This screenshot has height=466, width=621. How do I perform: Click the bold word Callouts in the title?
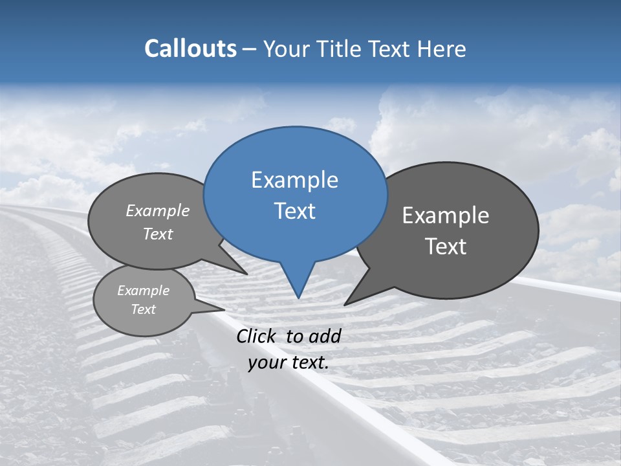click(191, 49)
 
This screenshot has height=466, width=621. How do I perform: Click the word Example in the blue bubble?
click(294, 180)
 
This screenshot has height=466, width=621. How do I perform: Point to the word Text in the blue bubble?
click(294, 211)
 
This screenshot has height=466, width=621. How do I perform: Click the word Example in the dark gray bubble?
click(446, 216)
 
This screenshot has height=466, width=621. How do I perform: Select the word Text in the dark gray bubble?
click(446, 247)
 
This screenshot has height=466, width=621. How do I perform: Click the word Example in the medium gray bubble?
click(158, 211)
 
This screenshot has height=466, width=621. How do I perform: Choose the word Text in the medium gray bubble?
click(158, 234)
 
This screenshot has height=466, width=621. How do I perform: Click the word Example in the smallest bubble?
click(143, 291)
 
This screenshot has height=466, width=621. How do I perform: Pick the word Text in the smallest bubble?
click(143, 309)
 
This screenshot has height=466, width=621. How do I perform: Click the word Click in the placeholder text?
click(257, 336)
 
